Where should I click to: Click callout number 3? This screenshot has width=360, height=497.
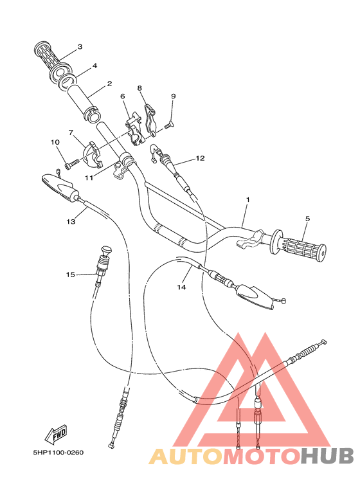click(80, 47)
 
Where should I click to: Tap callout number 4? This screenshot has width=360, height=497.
click(94, 66)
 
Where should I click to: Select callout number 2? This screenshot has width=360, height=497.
click(109, 84)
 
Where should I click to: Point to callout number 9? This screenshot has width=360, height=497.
click(173, 96)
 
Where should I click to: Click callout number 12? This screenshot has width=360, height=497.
click(200, 158)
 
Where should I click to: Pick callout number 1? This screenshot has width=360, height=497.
click(247, 200)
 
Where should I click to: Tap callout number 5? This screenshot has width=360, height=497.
click(307, 219)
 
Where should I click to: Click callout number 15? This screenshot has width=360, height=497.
click(70, 275)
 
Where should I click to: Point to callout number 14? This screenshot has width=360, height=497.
click(182, 287)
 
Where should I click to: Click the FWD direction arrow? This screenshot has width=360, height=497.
click(57, 435)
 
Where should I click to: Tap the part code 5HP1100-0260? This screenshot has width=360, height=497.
click(58, 452)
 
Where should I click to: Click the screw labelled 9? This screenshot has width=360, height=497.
click(168, 126)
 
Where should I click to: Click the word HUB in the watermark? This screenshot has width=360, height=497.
click(328, 456)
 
